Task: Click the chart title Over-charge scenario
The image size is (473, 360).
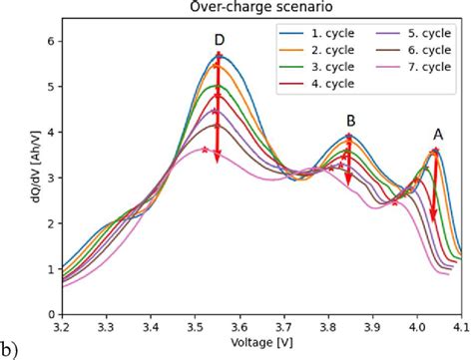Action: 261,7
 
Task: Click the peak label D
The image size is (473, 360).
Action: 219,40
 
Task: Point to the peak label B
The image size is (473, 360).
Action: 350,120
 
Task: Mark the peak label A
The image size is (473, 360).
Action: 437,133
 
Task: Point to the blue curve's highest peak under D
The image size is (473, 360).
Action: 220,55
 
